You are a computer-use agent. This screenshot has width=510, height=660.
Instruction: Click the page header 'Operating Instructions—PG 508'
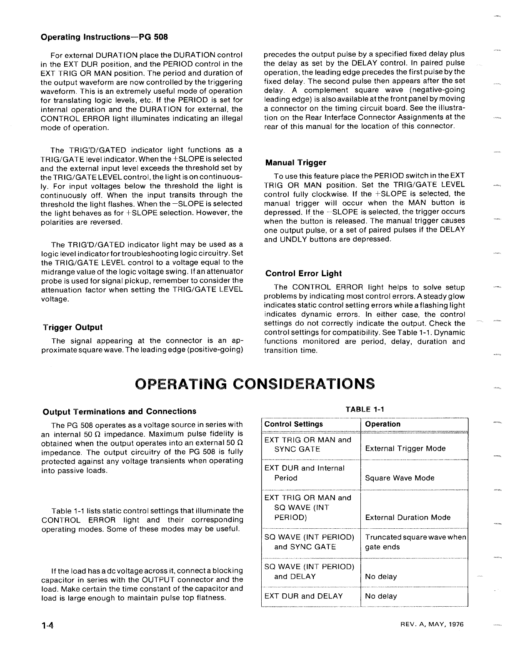(x=104, y=37)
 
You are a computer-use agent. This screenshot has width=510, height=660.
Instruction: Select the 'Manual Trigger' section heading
(x=296, y=162)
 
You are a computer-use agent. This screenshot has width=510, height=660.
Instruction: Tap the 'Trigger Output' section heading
(x=73, y=327)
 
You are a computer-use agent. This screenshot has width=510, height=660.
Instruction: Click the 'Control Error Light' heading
(x=303, y=274)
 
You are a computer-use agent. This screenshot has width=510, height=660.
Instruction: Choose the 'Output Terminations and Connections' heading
(x=120, y=411)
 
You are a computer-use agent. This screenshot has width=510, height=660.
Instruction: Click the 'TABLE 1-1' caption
(x=365, y=409)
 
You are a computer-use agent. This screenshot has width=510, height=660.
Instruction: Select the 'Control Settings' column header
(x=294, y=424)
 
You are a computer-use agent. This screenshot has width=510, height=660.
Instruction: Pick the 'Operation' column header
(x=382, y=424)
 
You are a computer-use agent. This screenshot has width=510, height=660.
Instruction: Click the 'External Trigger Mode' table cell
(x=405, y=448)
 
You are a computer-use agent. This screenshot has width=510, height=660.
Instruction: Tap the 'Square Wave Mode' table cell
(x=400, y=478)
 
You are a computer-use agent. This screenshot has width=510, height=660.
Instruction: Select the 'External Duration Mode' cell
(x=407, y=517)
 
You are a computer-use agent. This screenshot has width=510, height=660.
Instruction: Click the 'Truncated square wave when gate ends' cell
(x=415, y=542)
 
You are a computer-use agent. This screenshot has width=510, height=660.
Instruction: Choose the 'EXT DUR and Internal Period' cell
(x=304, y=473)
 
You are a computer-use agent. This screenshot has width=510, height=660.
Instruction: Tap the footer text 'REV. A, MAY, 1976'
(x=430, y=624)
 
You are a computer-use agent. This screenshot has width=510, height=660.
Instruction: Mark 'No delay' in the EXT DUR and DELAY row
(x=381, y=596)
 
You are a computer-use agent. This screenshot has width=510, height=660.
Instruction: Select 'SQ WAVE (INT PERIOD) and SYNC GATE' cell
(x=309, y=542)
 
